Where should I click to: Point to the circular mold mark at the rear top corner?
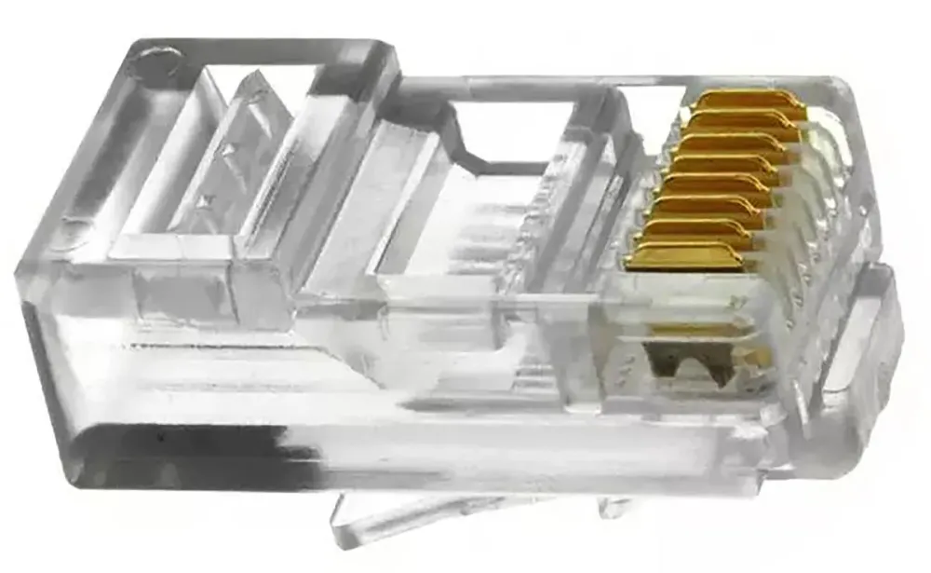coord(150,63)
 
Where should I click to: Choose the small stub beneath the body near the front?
coord(614,507)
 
